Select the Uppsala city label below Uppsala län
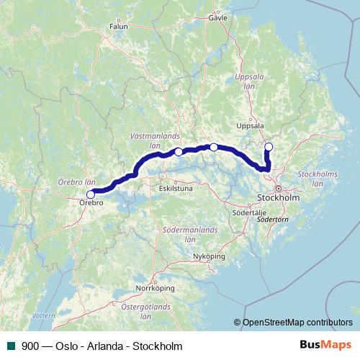coord(250,125)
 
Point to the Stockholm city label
coord(278,197)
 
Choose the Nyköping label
coord(209,256)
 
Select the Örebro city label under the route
coord(90,204)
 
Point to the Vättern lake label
coord(42,315)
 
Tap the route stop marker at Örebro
coord(91,194)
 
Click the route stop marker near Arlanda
coord(269,148)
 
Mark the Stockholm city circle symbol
coord(278,188)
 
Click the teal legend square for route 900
coord(11,346)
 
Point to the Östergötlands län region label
coord(145,311)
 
